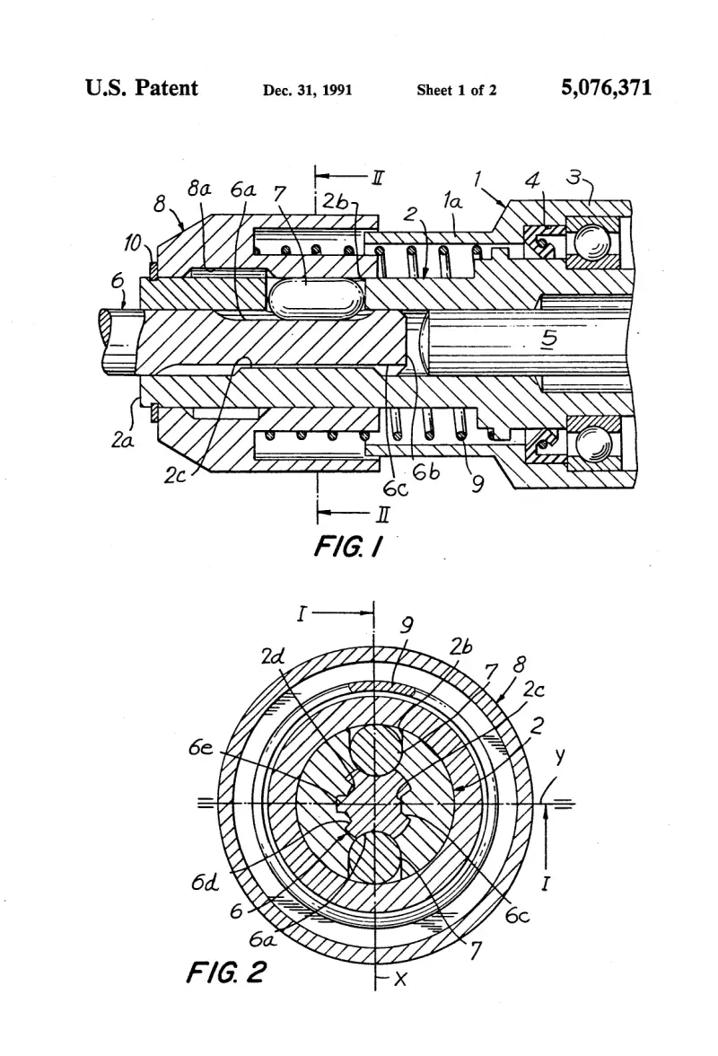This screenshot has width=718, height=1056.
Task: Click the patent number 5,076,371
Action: point(607,88)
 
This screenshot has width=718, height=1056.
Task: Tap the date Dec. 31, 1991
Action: point(308,90)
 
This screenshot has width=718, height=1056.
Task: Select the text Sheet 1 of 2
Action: point(456,90)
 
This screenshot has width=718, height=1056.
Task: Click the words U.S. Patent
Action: point(142,88)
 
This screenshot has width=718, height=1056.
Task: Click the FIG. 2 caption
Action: point(227,972)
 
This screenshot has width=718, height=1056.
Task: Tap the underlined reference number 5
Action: point(550,339)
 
